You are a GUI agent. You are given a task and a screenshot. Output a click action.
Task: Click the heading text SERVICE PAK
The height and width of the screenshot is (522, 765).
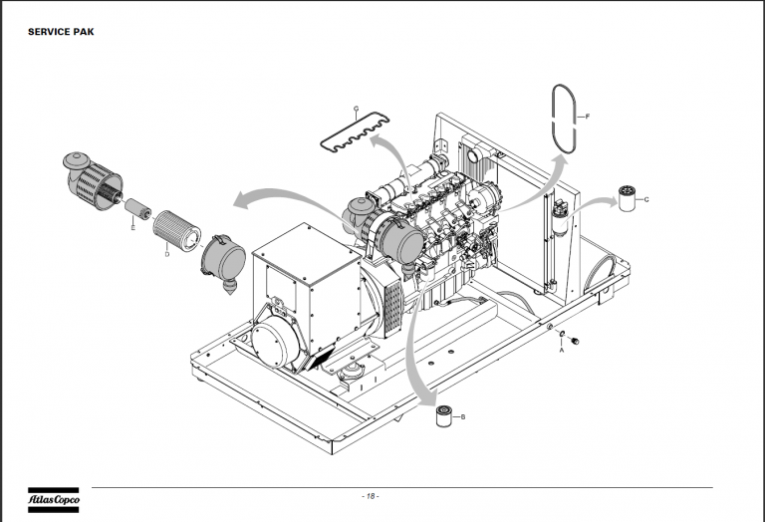tap(61, 32)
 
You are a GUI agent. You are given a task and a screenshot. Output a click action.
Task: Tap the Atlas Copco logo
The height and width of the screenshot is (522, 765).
tap(53, 500)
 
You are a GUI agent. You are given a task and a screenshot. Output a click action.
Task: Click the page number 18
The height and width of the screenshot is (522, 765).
tap(371, 496)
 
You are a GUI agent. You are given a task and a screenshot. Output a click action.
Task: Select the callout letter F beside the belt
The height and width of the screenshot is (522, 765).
tap(588, 117)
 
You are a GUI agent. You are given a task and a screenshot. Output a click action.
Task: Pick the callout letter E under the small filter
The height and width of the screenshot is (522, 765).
tap(133, 228)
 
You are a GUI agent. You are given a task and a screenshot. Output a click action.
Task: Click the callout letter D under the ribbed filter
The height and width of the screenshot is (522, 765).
tap(167, 254)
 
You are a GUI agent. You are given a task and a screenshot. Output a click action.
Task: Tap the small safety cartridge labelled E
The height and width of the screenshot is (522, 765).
tap(138, 208)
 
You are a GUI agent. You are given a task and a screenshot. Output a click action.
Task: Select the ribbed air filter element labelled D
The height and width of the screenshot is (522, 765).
tap(176, 228)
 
